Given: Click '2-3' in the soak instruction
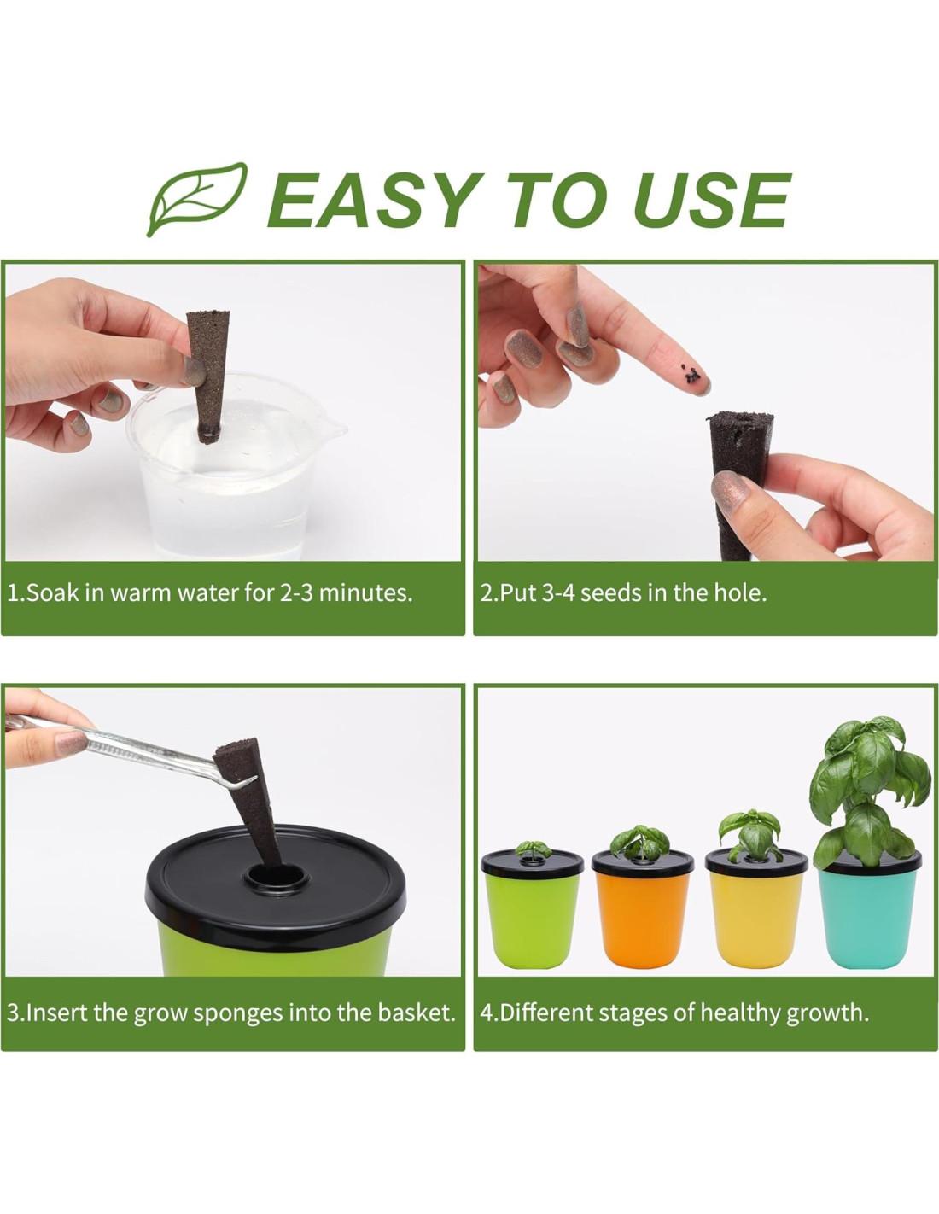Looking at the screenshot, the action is (295, 592).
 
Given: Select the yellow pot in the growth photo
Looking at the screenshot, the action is (755, 906).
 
